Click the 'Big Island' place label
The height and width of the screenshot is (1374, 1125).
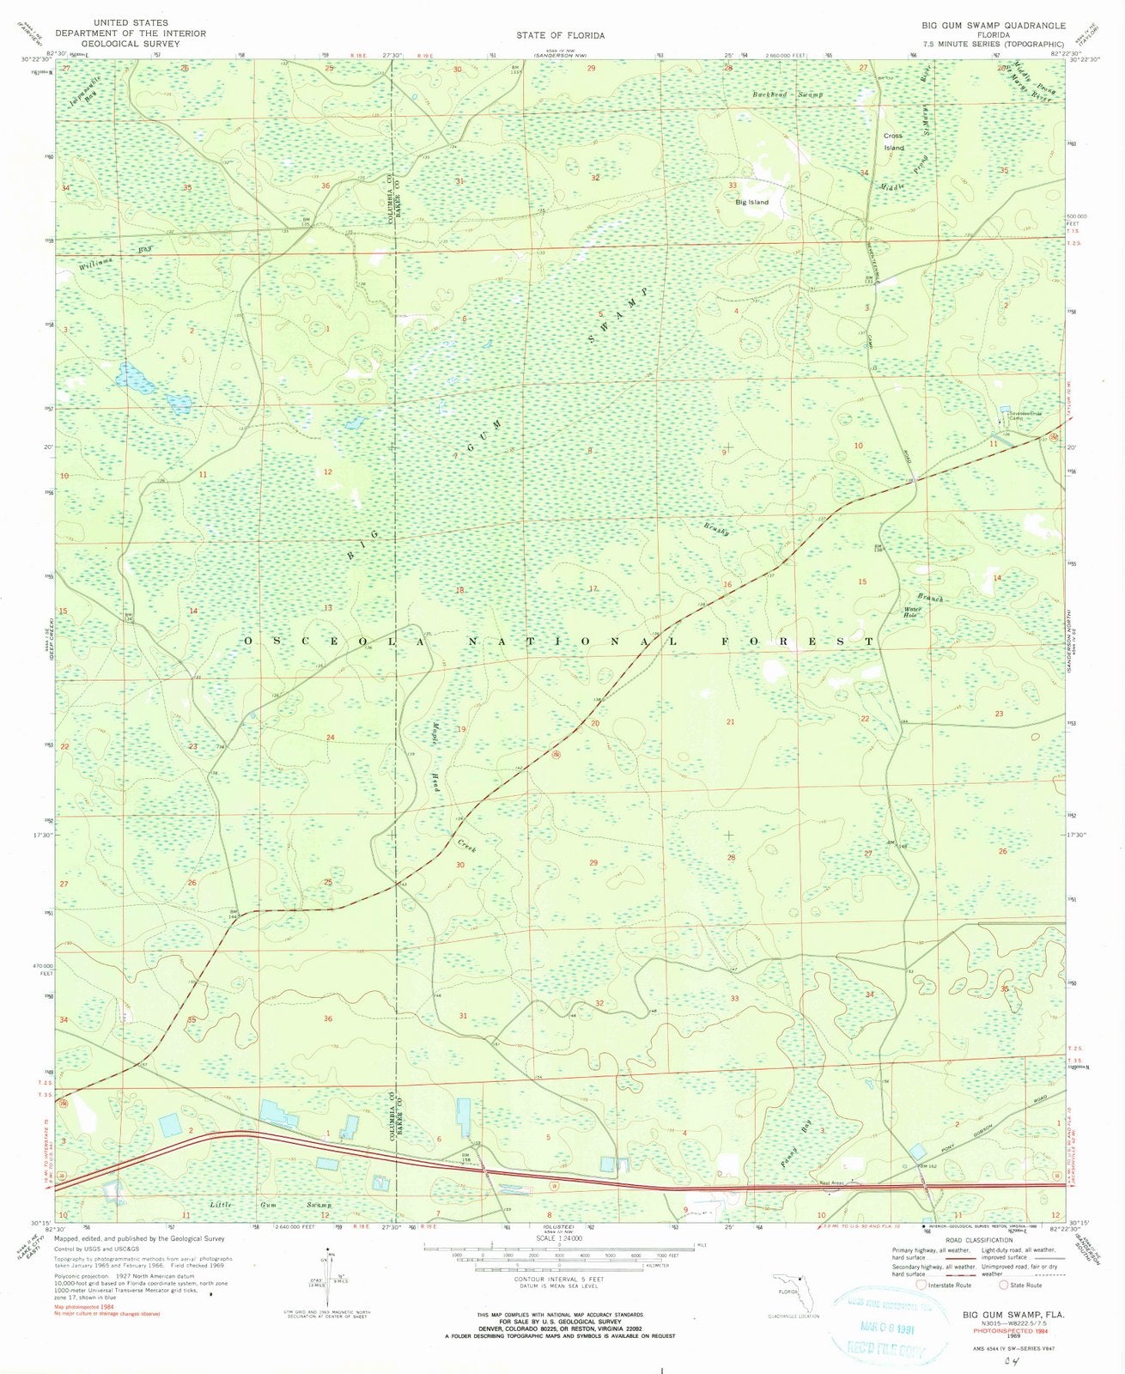[751, 203]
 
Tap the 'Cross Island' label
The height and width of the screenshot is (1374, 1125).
[894, 142]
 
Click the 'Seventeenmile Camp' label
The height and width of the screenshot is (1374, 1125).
[1017, 426]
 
